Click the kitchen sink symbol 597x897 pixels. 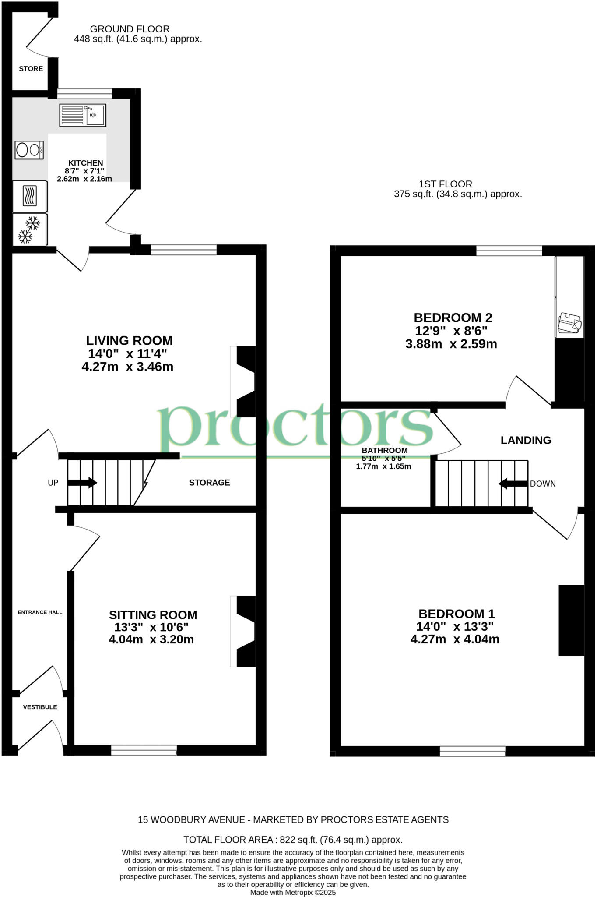(x=83, y=116)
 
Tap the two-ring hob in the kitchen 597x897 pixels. (x=29, y=150)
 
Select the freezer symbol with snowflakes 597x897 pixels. (x=30, y=230)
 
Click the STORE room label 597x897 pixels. (x=31, y=69)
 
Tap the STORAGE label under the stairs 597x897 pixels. (x=209, y=483)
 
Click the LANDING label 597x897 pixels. (x=526, y=440)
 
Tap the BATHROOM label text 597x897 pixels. (x=384, y=450)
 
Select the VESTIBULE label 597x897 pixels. (x=40, y=707)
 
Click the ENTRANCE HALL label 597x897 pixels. (x=40, y=612)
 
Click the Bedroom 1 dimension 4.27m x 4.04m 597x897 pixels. (x=455, y=639)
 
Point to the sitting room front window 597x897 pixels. (x=144, y=750)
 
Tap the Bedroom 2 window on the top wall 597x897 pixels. (x=509, y=251)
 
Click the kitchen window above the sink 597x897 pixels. (x=84, y=93)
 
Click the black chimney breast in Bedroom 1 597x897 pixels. (x=571, y=620)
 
